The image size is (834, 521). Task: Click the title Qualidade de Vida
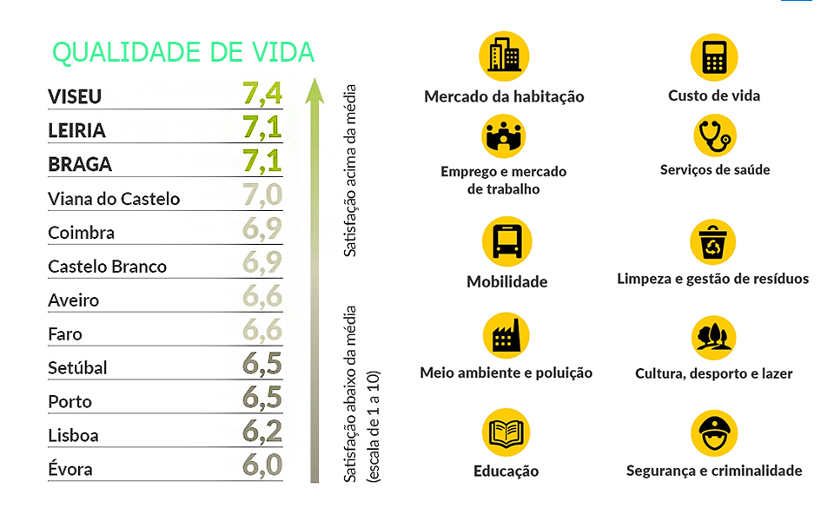183,52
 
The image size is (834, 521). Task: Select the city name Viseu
75,96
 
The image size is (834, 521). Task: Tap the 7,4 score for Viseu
262,92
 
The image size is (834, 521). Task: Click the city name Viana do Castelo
114,199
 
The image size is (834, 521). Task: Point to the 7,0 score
262,195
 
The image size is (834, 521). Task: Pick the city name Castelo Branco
107,267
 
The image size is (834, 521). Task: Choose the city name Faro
65,334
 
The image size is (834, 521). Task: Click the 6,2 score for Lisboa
262,432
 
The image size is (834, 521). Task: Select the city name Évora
70,470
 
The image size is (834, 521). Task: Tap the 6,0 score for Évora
262,465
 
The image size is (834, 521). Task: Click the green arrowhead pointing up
314,89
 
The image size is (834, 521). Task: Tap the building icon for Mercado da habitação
504,56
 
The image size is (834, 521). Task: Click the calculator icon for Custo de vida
714,56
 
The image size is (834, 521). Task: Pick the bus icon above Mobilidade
506,241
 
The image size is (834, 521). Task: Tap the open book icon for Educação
506,432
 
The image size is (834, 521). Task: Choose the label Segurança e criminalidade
714,471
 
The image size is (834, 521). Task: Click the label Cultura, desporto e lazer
714,374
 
